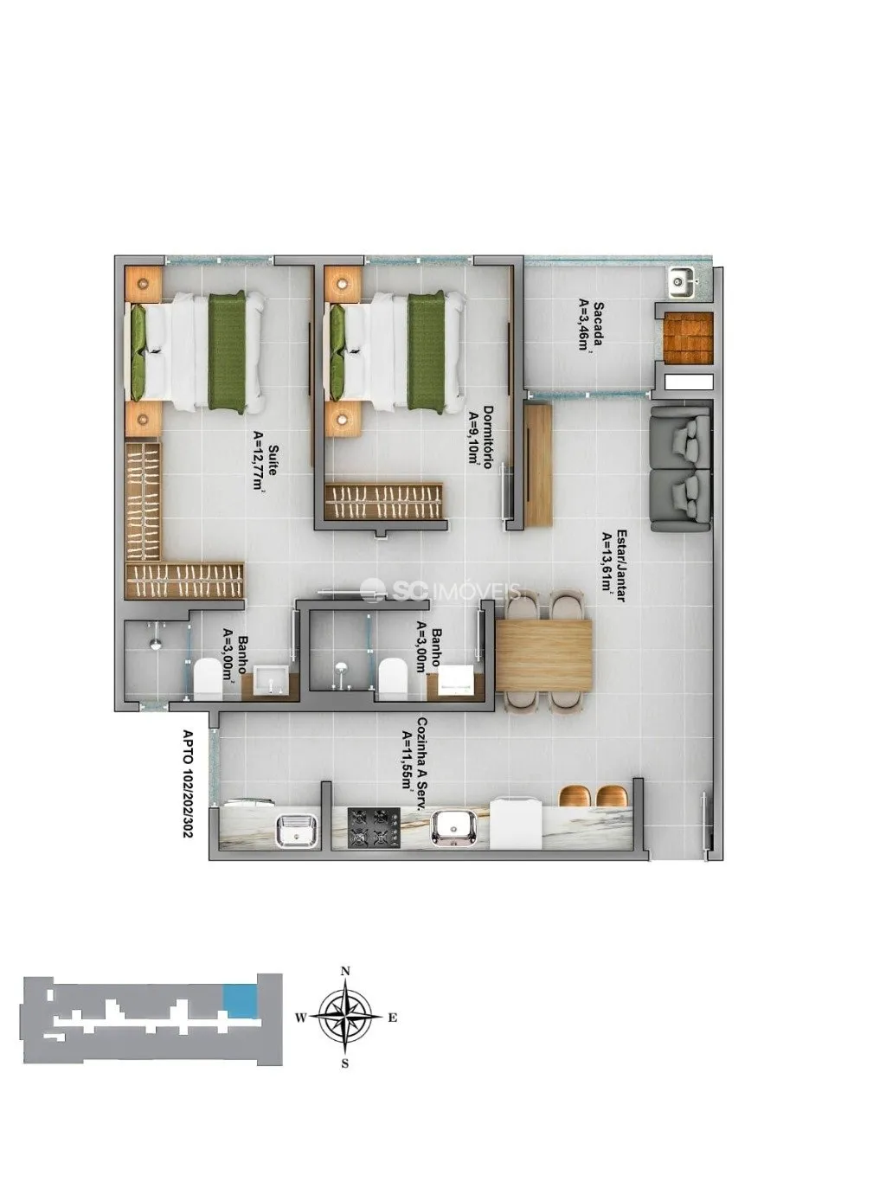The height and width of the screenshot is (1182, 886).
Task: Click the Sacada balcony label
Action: tap(598, 326)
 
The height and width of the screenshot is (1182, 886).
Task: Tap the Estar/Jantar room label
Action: tap(622, 565)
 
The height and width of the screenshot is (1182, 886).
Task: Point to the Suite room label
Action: tap(274, 459)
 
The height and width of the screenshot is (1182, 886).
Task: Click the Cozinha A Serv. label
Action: tap(423, 762)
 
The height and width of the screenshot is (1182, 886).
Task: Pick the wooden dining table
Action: tap(543, 655)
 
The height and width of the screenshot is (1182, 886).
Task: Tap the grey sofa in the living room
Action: tap(681, 469)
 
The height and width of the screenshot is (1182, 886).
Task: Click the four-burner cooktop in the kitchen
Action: tap(374, 828)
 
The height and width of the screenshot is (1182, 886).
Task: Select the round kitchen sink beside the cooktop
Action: tap(453, 829)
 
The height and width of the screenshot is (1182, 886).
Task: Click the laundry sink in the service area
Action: tap(298, 831)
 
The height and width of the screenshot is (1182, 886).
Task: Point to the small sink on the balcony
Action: tap(682, 281)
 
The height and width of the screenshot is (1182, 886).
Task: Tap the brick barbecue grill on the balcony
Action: tap(687, 338)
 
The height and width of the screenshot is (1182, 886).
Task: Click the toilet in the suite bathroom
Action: tap(208, 679)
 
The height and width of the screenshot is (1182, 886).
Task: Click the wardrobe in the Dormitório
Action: tap(384, 501)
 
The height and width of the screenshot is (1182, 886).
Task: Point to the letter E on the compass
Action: tap(393, 1018)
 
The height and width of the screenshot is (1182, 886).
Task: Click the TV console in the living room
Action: tap(538, 466)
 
